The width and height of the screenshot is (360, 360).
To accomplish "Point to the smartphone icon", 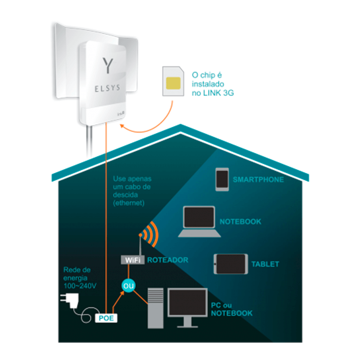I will coord(222,179).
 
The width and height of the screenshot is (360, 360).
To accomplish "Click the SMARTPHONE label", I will coord(258,180).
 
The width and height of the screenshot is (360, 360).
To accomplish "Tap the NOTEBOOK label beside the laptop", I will coord(240,221).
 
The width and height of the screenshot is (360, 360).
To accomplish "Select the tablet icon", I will coord(231,264).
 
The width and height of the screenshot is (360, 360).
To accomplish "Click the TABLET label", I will coord(265,264).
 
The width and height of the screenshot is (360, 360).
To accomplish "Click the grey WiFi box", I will coord(132,260).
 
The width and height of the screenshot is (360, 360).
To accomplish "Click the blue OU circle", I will coord(128,286).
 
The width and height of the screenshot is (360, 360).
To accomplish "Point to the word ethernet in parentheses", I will coord(129,203).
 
